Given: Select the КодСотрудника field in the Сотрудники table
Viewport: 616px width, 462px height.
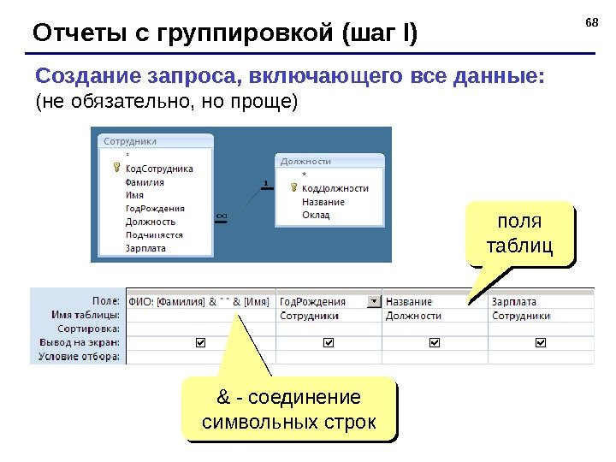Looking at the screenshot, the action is (159, 169).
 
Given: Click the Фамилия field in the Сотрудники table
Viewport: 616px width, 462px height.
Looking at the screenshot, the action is (145, 181).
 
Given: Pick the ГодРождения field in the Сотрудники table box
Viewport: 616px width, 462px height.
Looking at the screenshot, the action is (155, 208).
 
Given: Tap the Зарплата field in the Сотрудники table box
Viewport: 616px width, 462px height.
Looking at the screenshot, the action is (145, 248).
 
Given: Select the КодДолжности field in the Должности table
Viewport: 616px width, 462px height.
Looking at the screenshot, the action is (335, 188).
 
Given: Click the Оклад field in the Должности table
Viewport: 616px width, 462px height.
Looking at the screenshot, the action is (316, 215).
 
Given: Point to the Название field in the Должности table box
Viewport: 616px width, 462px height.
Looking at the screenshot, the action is (323, 202).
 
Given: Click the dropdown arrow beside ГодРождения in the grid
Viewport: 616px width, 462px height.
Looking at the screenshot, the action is (373, 301).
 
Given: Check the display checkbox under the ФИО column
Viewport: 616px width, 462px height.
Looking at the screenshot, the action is (201, 342).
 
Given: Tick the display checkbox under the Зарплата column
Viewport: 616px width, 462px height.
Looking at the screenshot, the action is (540, 342).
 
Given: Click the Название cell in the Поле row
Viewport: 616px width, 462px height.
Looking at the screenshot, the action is (409, 301).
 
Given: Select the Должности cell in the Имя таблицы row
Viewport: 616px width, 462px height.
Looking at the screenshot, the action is (413, 315).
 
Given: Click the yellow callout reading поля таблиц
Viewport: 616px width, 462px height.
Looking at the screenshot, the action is (519, 233).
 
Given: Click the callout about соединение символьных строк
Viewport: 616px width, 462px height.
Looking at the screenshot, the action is (290, 411).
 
